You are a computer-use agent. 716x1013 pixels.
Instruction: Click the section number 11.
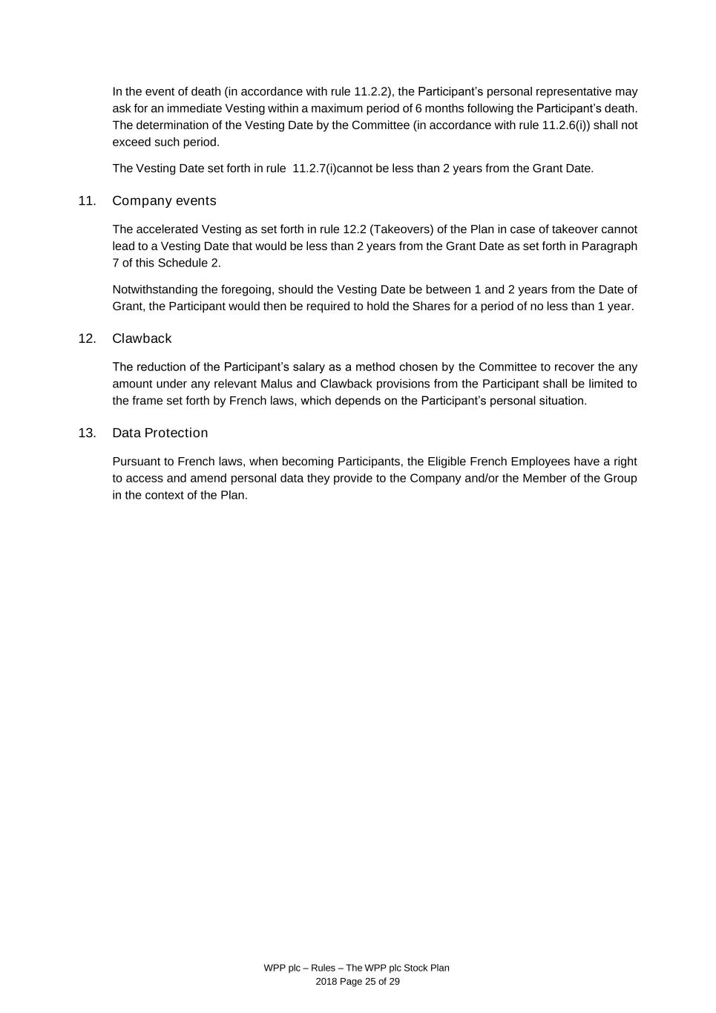point(86,201)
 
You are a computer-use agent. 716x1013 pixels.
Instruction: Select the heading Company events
point(164,201)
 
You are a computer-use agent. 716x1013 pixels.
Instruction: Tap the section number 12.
point(86,338)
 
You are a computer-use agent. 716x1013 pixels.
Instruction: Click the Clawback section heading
point(142,338)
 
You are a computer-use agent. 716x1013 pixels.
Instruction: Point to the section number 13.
point(86,433)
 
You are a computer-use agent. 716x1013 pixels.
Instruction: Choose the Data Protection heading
point(160,433)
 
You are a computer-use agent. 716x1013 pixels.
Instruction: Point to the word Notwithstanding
point(155,289)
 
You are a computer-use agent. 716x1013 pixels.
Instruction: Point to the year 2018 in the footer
point(326,981)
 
